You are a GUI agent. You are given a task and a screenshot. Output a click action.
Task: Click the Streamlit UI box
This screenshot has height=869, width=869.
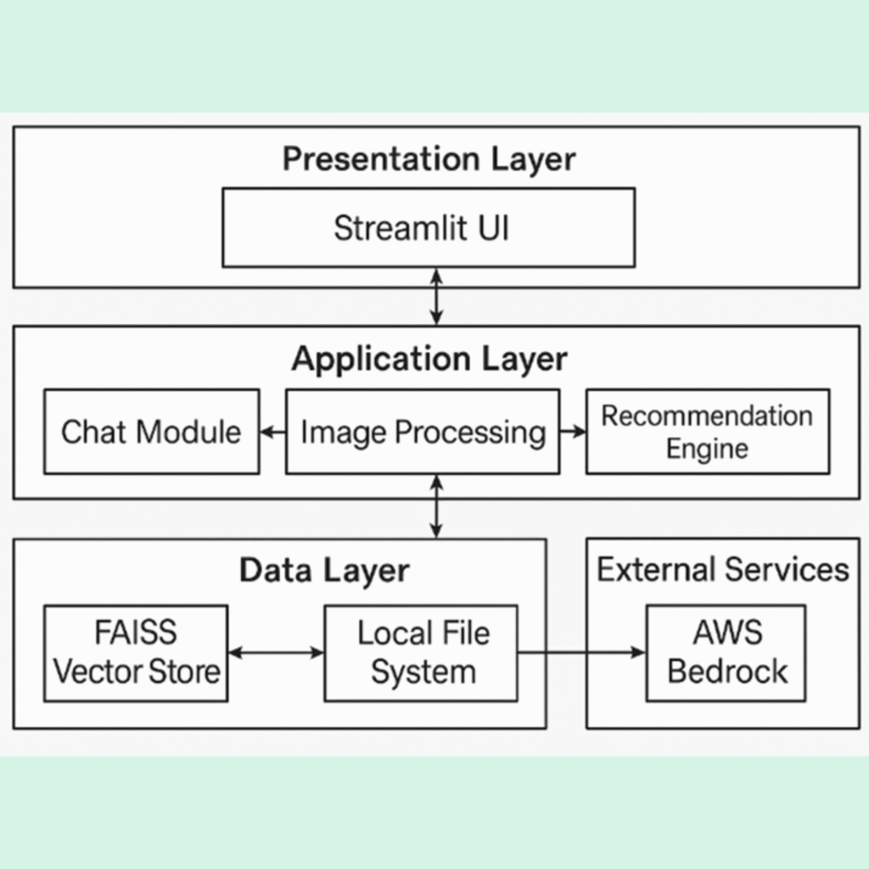428,227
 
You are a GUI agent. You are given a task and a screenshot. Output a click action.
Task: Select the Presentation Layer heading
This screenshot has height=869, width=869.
429,159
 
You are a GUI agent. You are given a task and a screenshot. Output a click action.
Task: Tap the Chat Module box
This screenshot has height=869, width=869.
151,431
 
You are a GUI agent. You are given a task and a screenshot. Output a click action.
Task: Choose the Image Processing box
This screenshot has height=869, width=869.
422,431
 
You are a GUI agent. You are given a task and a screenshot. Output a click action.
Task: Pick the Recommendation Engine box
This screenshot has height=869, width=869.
707,431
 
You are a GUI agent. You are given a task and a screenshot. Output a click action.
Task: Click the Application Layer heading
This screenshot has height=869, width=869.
429,359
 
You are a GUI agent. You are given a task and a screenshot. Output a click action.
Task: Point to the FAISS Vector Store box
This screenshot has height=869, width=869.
136,653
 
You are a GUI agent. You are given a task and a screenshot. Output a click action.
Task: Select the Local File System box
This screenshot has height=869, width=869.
421,653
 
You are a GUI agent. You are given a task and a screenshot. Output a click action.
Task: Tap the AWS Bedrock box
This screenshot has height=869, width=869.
726,653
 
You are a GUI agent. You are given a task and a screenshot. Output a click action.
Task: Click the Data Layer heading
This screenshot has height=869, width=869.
324,570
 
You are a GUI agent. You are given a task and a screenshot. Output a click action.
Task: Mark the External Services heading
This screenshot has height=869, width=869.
723,569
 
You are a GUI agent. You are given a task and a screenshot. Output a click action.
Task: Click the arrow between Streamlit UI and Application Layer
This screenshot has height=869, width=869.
436,296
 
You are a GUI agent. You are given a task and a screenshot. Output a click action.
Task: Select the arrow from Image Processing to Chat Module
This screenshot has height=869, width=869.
272,432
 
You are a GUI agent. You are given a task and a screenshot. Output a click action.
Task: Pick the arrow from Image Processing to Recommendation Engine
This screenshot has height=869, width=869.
573,432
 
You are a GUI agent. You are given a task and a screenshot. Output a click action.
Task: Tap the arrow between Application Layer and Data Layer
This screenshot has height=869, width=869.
436,507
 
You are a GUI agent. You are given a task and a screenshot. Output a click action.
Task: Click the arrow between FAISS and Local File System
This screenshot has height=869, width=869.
276,653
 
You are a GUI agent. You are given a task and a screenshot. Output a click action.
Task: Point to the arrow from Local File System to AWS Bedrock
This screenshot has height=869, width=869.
581,653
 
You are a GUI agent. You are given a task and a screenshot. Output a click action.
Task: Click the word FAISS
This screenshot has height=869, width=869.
136,633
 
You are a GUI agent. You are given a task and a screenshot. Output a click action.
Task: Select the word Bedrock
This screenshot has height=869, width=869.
727,672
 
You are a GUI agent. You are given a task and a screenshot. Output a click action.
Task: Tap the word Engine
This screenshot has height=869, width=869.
707,449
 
